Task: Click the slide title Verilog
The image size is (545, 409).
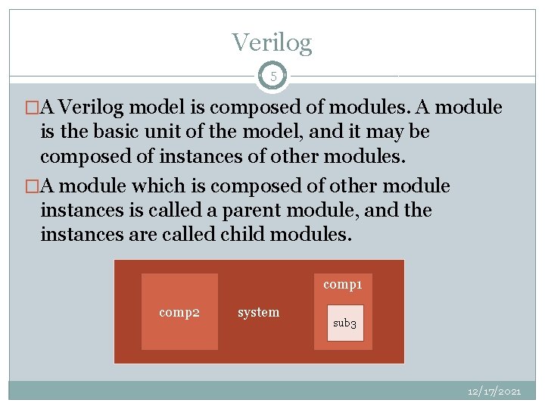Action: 272,42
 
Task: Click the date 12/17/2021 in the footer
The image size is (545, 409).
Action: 494,391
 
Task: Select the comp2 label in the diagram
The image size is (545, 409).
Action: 179,311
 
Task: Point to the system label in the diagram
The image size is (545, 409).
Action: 258,311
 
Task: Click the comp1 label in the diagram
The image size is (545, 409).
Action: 343,284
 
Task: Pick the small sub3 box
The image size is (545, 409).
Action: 345,323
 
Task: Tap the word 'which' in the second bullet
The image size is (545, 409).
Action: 154,186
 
